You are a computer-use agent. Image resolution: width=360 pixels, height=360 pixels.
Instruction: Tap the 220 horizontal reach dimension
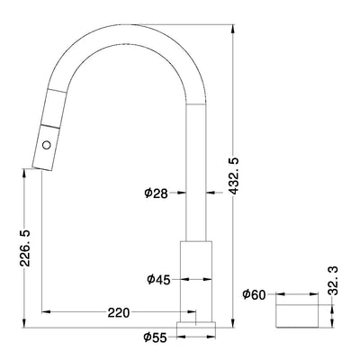(118, 313)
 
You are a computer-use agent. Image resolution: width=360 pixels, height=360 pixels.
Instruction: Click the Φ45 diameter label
(159, 279)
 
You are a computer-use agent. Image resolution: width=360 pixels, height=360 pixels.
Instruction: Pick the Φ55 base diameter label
(155, 338)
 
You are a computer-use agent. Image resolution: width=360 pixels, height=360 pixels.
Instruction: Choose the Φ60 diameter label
(256, 293)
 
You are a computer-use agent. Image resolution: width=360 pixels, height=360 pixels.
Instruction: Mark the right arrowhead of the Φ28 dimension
(211, 192)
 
